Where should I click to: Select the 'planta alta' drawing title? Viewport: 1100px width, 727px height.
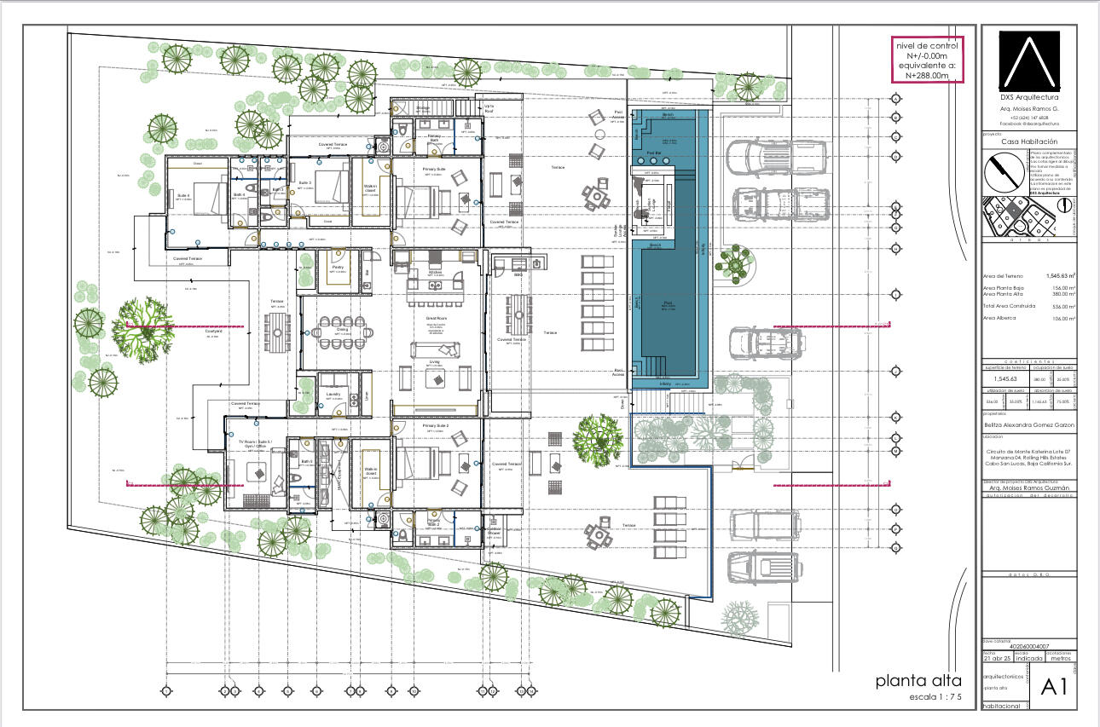[918, 681]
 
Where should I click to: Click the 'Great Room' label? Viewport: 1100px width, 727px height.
[437, 318]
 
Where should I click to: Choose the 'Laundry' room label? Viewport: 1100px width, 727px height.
[333, 394]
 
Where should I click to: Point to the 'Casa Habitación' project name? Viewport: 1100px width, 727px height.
[1028, 141]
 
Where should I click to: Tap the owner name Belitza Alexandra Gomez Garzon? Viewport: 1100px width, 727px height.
[1028, 424]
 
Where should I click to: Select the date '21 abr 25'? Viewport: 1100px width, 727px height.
[1000, 658]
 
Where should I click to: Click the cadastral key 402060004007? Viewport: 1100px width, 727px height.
[1028, 647]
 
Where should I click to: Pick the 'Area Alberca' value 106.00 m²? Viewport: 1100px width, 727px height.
[1062, 318]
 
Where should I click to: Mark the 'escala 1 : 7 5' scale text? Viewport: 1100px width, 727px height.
[935, 698]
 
